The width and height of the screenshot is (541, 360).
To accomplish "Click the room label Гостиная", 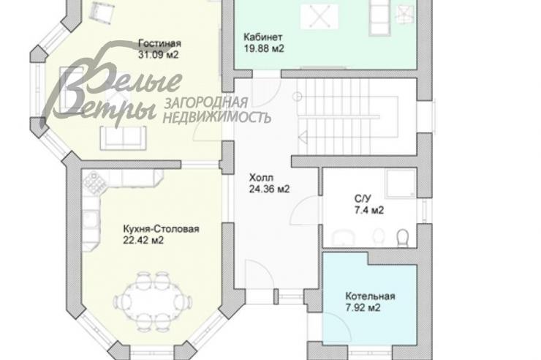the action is point(159,43).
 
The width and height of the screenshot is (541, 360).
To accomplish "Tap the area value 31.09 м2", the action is point(159,55).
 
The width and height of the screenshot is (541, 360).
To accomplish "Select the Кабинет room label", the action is point(263,37).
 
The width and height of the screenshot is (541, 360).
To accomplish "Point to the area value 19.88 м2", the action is point(264,48).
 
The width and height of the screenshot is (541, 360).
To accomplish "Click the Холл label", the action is point(261,178).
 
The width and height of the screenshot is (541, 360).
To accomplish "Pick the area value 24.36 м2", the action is point(269,190).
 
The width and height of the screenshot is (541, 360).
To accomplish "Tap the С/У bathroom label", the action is point(363,199).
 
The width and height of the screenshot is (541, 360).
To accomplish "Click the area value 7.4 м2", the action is point(369,210).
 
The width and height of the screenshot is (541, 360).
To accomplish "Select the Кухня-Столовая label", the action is point(161,229).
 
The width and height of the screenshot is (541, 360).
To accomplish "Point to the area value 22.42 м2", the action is point(143,240).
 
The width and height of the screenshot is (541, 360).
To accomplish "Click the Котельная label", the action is point(370,296).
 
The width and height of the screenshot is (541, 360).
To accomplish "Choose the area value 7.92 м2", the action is point(363,307).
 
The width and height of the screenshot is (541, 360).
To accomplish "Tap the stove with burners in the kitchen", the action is point(95,182).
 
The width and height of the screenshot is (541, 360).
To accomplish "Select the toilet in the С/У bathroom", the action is point(402,238).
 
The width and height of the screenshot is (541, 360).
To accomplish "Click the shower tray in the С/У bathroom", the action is point(400,183).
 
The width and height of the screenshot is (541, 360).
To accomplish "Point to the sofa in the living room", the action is point(123,138).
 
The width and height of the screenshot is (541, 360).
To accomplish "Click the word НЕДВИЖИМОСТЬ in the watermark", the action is point(216,117).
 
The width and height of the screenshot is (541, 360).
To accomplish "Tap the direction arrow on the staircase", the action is point(303,137).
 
